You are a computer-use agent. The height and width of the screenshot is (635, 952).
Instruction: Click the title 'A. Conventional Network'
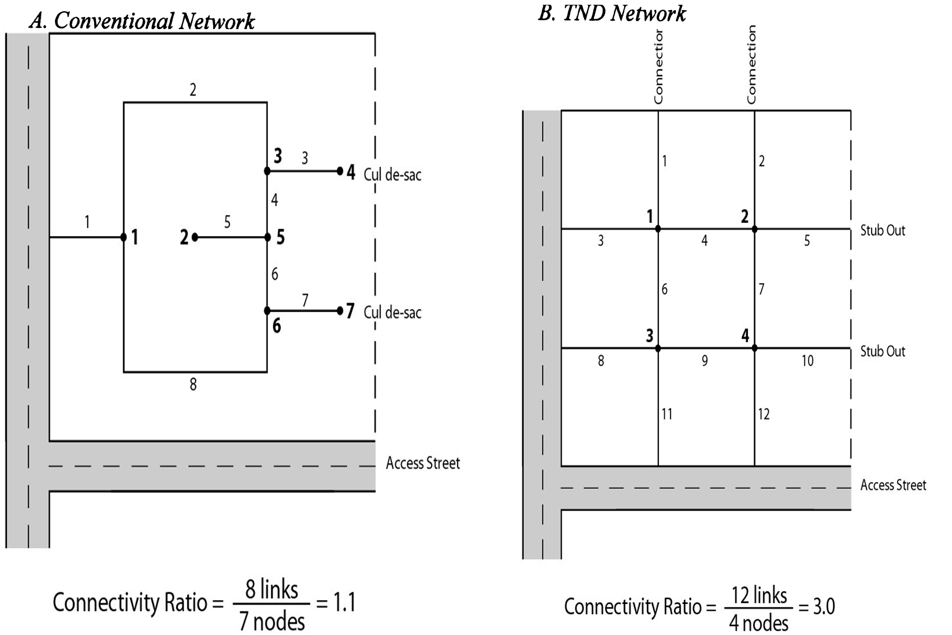(x=142, y=21)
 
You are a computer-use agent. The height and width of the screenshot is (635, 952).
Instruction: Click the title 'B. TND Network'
(x=612, y=13)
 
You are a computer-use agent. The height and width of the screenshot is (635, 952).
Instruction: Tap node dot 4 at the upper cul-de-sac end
(x=340, y=171)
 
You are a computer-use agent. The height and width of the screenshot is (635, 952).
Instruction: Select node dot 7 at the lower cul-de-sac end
(x=340, y=311)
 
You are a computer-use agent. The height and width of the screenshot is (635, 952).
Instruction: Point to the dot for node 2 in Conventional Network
(x=195, y=237)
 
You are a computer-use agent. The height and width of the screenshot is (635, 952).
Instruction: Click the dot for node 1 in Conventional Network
(x=124, y=237)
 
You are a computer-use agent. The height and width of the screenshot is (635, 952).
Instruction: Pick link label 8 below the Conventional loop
(x=193, y=385)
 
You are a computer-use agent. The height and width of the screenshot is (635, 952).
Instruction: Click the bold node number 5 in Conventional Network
(x=280, y=237)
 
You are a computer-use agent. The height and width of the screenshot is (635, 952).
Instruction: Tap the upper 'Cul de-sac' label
(x=392, y=175)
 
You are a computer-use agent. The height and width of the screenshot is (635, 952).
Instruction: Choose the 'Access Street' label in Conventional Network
(x=423, y=463)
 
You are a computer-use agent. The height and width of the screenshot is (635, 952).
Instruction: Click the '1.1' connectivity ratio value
(x=344, y=603)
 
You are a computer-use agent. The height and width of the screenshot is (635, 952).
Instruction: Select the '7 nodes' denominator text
(x=272, y=621)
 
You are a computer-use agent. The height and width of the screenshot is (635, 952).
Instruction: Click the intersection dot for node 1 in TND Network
(x=658, y=229)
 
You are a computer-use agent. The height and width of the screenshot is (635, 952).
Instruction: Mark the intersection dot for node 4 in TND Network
(x=754, y=348)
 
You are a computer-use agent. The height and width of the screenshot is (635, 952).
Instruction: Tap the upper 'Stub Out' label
(x=882, y=230)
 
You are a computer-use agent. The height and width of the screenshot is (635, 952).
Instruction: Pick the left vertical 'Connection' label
(x=658, y=67)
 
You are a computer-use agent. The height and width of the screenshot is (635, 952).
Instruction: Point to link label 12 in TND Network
(x=764, y=414)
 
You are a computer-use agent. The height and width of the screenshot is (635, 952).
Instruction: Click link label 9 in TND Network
(x=704, y=361)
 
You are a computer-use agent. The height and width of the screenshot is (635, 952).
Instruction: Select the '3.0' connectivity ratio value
(x=823, y=606)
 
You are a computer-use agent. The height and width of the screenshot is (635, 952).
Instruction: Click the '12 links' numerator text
(x=759, y=596)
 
